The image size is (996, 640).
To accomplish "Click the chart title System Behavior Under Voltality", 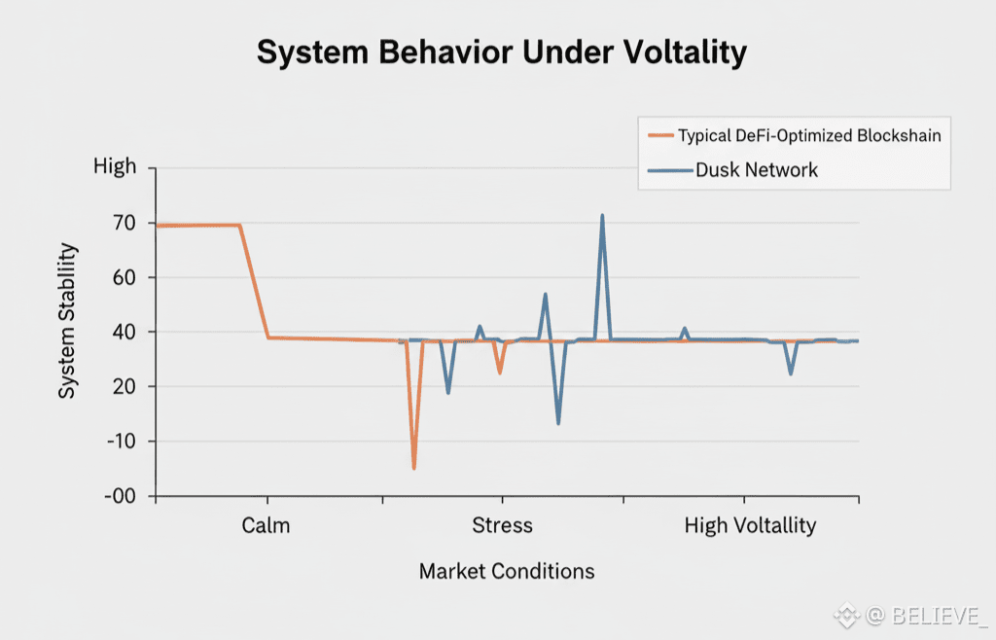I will click(x=501, y=52).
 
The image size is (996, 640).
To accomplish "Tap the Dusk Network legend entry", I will click(x=757, y=170).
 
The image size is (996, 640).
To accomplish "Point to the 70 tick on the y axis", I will click(x=124, y=223).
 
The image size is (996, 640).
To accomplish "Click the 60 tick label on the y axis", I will click(x=124, y=277).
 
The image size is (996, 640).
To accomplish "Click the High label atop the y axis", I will click(x=115, y=166).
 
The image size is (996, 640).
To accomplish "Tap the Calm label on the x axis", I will click(x=266, y=526).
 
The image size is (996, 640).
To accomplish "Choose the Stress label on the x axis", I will click(x=502, y=526).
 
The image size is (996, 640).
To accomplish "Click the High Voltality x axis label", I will click(x=750, y=526).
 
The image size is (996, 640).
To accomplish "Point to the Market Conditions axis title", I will click(x=506, y=571).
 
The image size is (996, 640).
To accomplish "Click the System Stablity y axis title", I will click(x=67, y=321).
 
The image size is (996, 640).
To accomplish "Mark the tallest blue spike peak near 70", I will click(x=602, y=216).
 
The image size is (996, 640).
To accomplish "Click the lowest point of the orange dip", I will click(x=414, y=468).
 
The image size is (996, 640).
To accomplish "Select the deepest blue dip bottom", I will click(x=558, y=422).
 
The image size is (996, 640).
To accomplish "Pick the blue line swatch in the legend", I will click(x=669, y=171).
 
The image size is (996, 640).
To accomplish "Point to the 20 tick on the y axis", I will click(x=124, y=386).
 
